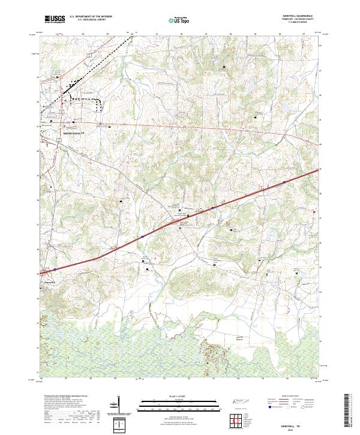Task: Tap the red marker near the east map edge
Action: (x=314, y=211)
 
